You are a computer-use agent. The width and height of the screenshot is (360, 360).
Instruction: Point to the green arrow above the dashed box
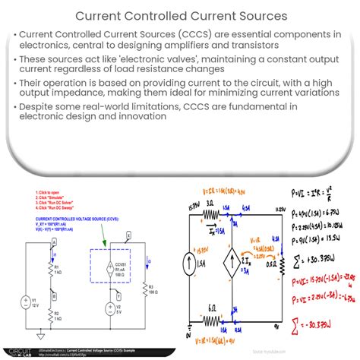click(x=96, y=238)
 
